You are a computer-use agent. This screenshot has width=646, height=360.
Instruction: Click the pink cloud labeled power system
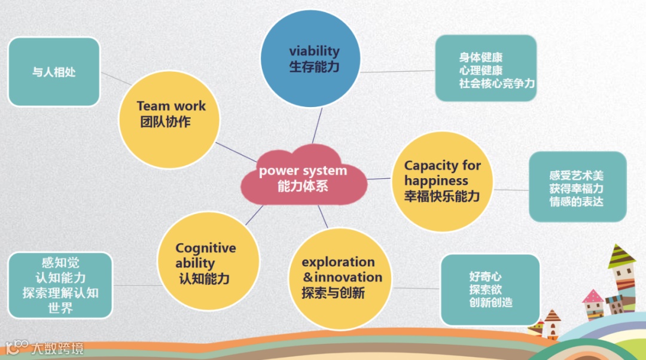tap(303, 178)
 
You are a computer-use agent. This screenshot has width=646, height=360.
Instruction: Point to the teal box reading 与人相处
tap(54, 72)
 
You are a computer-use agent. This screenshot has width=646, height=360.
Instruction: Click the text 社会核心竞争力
tap(496, 84)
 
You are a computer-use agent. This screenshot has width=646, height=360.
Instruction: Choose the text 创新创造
tap(490, 303)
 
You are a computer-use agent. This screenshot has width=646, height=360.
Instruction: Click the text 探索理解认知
tap(60, 293)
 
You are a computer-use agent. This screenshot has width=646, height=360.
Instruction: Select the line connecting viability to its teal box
tap(398, 72)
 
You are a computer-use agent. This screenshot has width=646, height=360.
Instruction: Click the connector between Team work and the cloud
tap(236, 152)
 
